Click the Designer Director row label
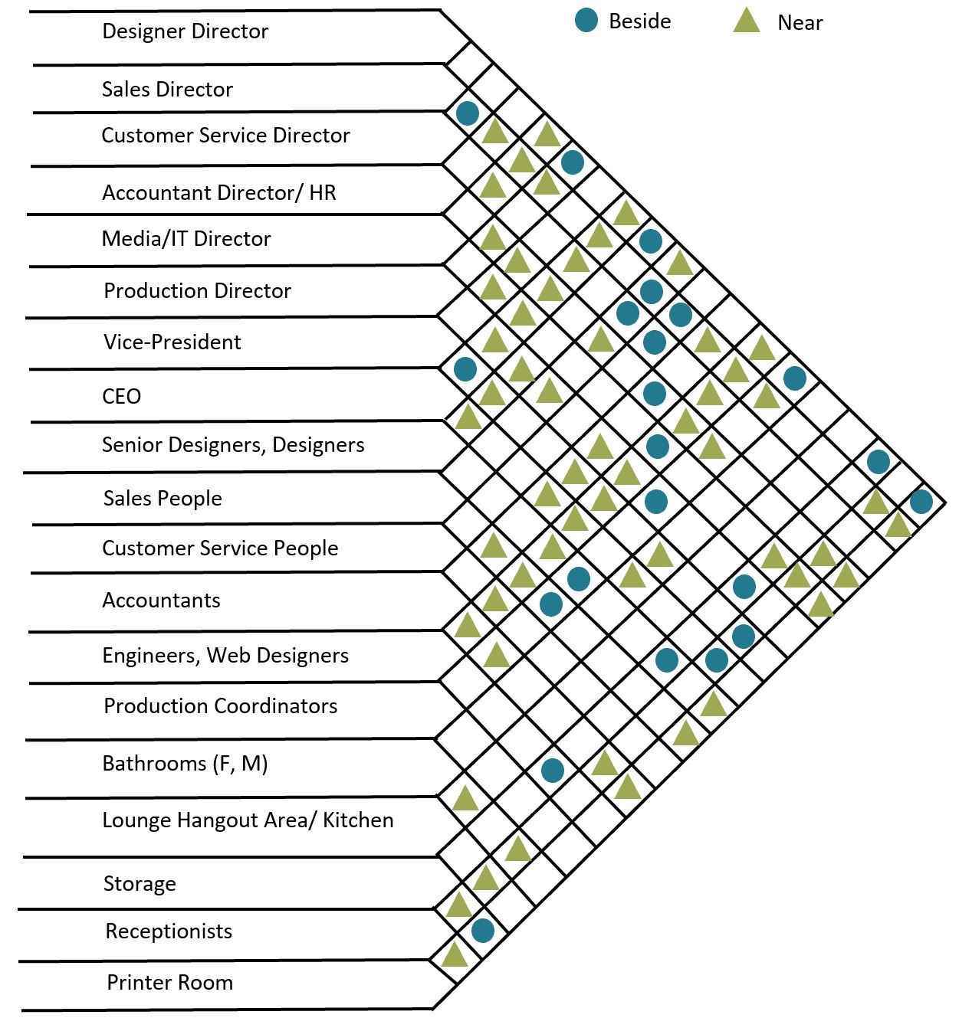pos(186,31)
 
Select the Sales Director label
pos(167,89)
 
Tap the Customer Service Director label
pos(226,136)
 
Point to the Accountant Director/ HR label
pos(219,193)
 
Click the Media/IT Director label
pos(186,239)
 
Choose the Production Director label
pos(198,290)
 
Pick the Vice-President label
pos(172,342)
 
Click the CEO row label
pos(122,396)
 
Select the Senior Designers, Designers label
pos(234,445)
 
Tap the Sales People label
pos(163,498)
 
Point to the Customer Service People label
pos(220,548)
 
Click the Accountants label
pos(161,601)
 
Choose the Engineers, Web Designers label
pos(225,655)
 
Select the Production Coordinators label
pos(221,705)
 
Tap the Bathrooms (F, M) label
pos(186,763)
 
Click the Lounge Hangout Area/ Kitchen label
pos(248,820)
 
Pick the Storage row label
pos(140,884)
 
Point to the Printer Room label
pos(170,982)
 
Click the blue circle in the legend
pos(586,21)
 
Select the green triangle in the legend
pos(747,21)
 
